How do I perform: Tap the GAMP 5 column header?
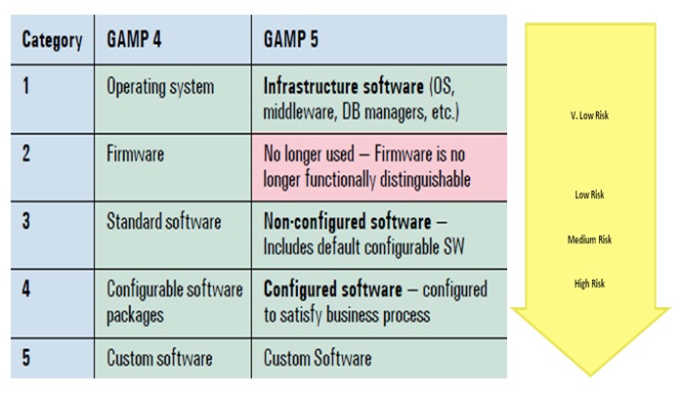292,41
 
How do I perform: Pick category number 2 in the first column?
26,154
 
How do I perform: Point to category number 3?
26,222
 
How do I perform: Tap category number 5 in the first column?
26,358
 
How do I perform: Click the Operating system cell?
159,87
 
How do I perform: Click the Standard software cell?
163,222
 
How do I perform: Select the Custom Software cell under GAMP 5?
317,359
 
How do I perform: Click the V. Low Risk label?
589,114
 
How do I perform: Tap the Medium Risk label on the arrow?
589,240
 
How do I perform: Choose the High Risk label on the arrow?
589,284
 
